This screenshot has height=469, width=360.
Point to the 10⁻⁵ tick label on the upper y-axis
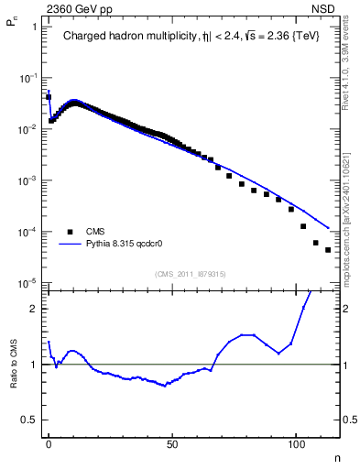[x=29, y=283]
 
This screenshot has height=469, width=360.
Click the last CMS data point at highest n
[x=327, y=249]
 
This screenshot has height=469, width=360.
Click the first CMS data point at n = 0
[x=49, y=96]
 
